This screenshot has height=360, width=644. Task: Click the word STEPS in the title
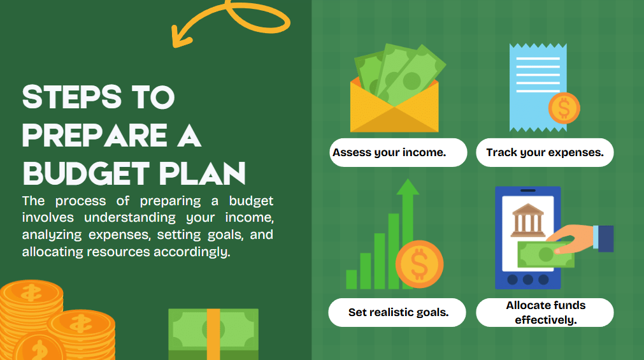tap(72, 97)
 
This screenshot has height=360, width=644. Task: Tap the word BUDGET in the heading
tap(86, 173)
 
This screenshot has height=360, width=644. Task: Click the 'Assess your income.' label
tap(389, 152)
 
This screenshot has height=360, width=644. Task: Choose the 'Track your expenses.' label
tap(545, 152)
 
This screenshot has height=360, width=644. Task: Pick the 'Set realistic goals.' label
tap(398, 312)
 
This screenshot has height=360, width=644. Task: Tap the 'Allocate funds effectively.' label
tap(546, 312)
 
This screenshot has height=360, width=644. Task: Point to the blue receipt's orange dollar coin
tap(564, 108)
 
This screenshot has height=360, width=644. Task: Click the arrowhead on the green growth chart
tap(408, 187)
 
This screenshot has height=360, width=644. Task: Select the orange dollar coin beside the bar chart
tap(419, 264)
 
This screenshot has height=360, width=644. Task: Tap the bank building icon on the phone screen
tap(527, 220)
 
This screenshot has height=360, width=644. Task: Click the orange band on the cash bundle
tap(213, 335)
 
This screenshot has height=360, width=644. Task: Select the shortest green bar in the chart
tap(352, 280)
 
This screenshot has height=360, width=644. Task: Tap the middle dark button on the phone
tap(528, 280)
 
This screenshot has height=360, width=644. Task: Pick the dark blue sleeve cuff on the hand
tap(606, 239)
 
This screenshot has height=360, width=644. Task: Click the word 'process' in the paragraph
tap(80, 201)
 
